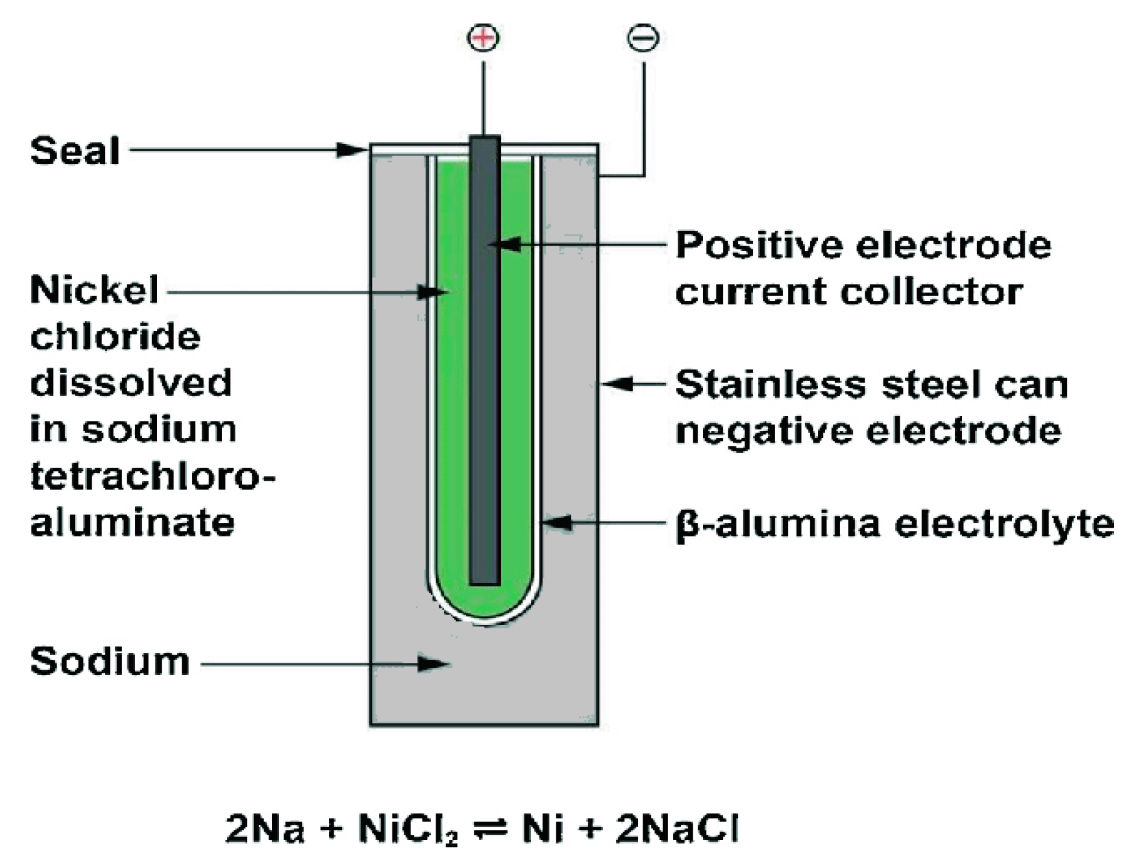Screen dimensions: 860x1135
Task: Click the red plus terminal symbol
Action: coord(483,37)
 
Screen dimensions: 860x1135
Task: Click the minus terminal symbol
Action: coord(643,37)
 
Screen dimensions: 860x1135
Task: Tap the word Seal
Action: coord(75,150)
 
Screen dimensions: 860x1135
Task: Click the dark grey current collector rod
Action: coord(485,362)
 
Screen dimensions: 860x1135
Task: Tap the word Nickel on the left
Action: coord(94,290)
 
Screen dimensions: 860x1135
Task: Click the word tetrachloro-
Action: coord(152,476)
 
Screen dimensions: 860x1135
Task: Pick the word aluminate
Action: coord(132,523)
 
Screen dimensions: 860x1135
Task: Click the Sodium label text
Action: coord(110,662)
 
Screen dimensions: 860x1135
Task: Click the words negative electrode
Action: coord(868,431)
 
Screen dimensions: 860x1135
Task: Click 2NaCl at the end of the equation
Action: coord(677,829)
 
